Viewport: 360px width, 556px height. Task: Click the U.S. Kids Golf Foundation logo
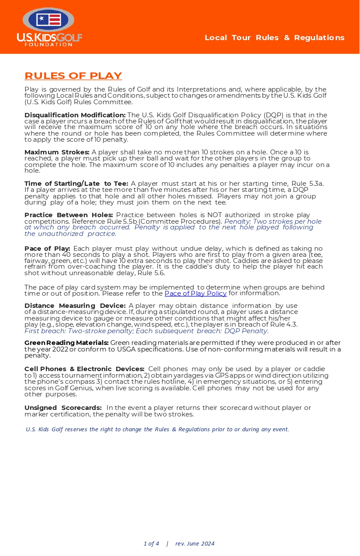(49, 27)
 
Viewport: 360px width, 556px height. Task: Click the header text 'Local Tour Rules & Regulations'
(274, 38)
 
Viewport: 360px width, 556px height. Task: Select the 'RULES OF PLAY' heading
(73, 76)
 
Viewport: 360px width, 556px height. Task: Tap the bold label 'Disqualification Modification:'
(75, 115)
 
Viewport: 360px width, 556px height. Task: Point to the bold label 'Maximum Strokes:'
(57, 152)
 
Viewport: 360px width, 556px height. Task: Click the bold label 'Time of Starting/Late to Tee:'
(76, 184)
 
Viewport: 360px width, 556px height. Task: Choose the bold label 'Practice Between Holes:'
(69, 215)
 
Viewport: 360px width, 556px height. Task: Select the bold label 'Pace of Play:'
(47, 248)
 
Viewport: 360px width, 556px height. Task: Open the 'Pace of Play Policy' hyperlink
(195, 293)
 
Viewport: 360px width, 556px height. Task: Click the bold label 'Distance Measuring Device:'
(75, 306)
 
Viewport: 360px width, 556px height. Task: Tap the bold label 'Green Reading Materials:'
(66, 343)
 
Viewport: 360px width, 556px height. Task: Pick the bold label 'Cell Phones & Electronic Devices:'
(84, 369)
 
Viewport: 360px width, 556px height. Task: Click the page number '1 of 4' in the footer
(151, 543)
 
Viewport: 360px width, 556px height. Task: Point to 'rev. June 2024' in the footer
(195, 543)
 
